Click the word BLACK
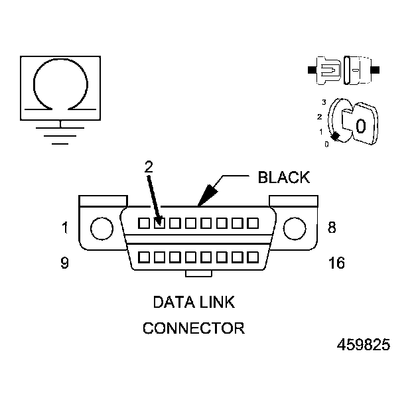[x=283, y=177]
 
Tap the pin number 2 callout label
[x=149, y=166]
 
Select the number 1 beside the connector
[x=64, y=228]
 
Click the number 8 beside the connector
[x=332, y=228]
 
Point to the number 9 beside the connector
[x=64, y=263]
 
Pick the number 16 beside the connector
[x=336, y=263]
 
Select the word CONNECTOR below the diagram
[x=194, y=328]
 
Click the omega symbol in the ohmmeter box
[x=60, y=85]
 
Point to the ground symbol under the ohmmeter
[x=60, y=132]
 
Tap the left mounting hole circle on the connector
[x=102, y=228]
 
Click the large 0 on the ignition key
[x=360, y=126]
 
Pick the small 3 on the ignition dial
[x=323, y=102]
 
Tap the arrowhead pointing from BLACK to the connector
[x=204, y=196]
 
